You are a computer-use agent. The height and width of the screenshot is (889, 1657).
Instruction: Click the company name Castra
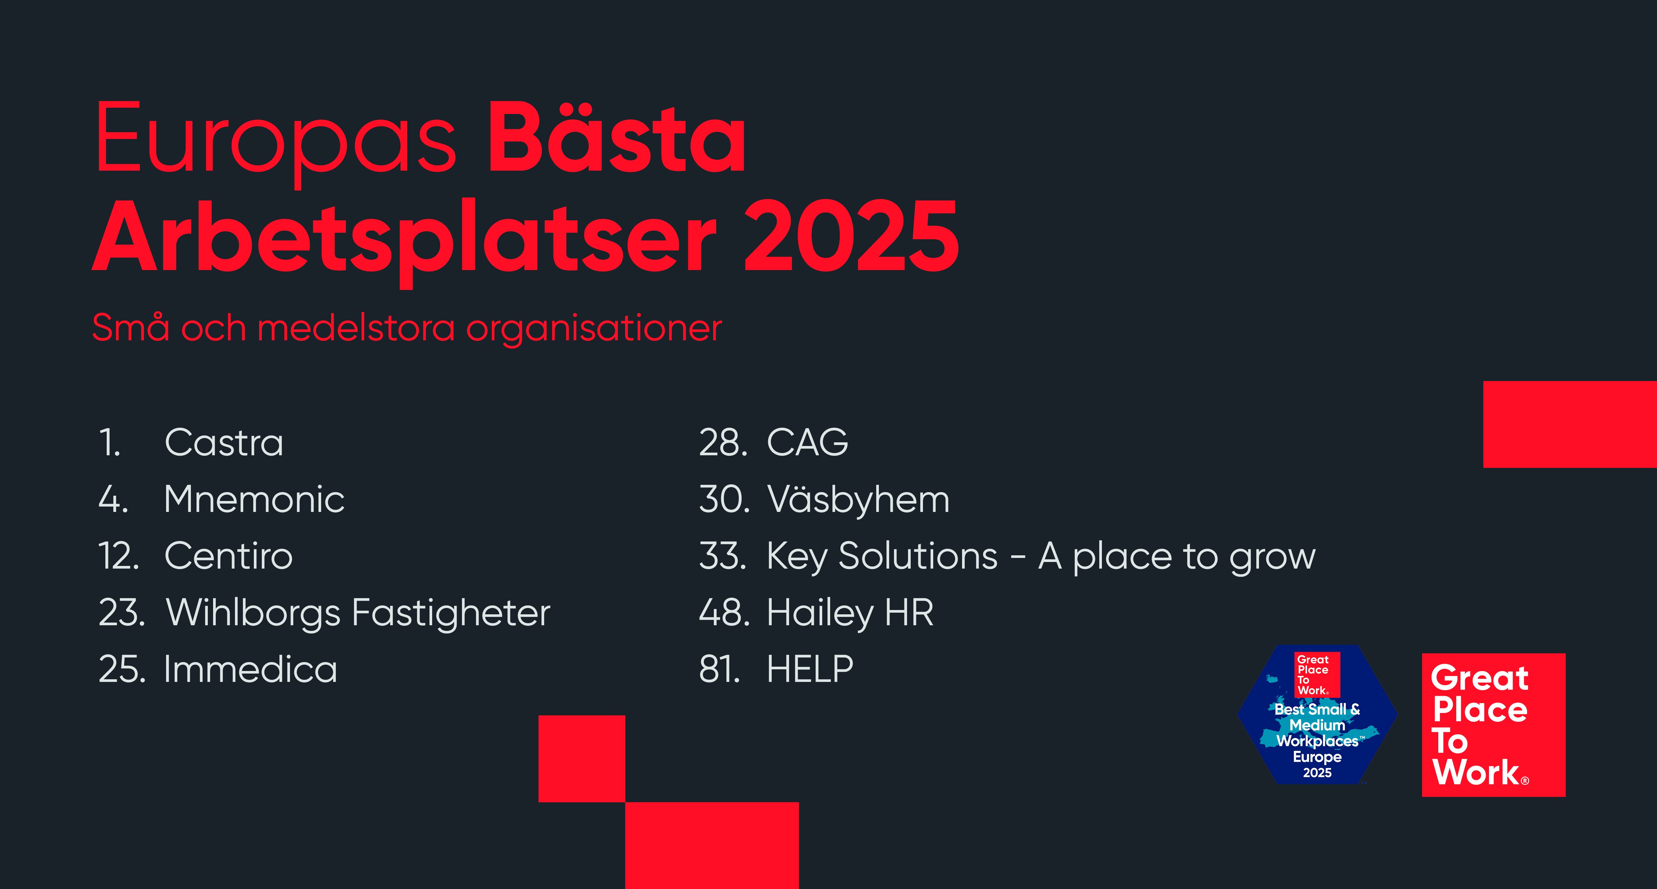click(x=224, y=443)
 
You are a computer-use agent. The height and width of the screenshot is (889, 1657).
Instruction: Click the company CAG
click(x=808, y=443)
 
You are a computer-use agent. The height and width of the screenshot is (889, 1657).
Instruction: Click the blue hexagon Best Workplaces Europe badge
click(x=1317, y=714)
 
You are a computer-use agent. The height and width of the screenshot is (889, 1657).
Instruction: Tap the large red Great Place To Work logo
click(x=1494, y=725)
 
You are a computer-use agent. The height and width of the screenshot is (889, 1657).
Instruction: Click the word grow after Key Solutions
click(x=1273, y=558)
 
